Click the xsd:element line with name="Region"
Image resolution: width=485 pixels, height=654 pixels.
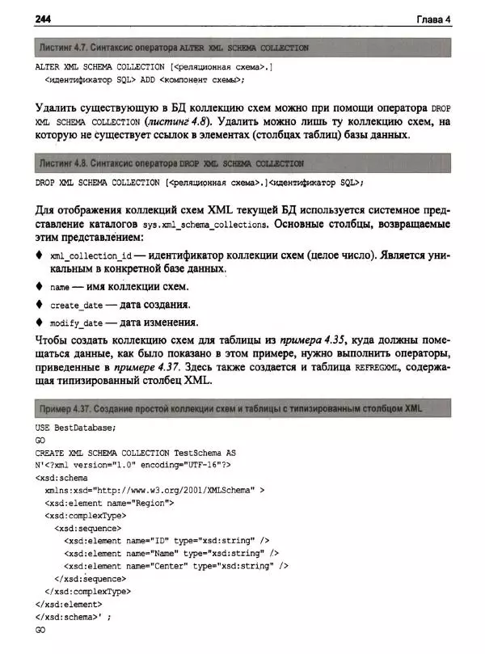(x=110, y=502)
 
